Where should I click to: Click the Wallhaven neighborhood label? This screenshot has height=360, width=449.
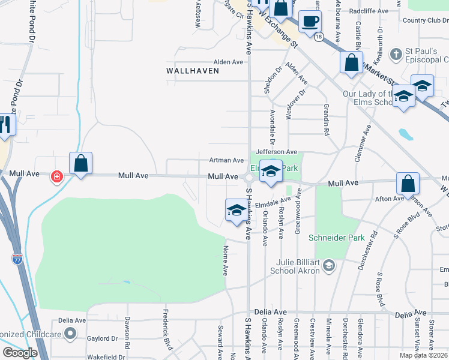click(x=190, y=70)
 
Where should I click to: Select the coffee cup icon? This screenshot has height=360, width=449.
click(x=310, y=22)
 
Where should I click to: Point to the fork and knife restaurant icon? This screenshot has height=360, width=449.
click(x=4, y=125)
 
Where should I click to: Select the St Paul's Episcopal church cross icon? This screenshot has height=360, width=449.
click(x=396, y=55)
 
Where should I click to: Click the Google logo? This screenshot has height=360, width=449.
click(x=19, y=353)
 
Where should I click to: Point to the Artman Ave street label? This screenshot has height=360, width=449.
click(x=226, y=160)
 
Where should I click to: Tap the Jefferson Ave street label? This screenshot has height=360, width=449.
click(x=277, y=152)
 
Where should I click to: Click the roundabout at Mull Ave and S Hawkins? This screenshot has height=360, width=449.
click(x=249, y=177)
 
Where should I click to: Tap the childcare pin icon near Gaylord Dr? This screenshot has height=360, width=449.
click(x=71, y=333)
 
